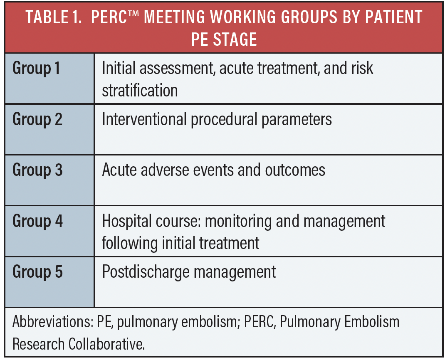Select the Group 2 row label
point(37,119)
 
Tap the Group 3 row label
point(37,170)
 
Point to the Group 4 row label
point(37,221)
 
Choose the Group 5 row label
point(37,272)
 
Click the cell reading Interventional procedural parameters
point(217,120)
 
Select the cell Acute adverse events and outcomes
point(213,170)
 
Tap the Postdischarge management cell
point(189,272)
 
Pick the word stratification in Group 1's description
point(140,90)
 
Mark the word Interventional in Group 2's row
point(144,120)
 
